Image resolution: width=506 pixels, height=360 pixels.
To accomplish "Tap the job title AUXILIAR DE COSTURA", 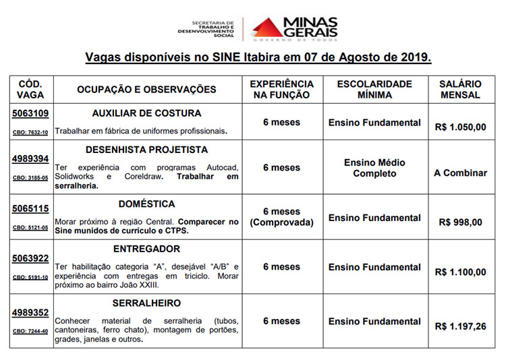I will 146,113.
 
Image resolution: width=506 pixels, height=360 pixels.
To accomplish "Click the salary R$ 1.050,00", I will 460,125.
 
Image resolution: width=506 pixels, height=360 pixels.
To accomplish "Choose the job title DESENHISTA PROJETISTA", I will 146,150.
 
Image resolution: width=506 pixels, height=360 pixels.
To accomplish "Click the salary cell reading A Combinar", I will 460,173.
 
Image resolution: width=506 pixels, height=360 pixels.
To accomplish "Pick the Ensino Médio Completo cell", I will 374,168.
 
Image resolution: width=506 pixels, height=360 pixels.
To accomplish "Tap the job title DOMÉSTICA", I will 146,204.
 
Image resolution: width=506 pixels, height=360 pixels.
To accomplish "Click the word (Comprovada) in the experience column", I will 281,222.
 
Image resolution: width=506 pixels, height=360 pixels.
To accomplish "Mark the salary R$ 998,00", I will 460,222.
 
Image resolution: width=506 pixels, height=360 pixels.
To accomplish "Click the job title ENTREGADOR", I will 146,249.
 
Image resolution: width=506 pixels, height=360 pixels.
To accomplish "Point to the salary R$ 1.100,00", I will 460,272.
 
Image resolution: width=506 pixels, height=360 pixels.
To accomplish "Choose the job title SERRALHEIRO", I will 146,303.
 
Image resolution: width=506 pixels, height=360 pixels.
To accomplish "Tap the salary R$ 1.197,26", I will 460,326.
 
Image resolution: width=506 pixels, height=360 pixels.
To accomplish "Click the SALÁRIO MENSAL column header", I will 460,89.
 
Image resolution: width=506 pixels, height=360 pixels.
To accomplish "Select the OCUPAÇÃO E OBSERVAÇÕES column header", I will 146,89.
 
